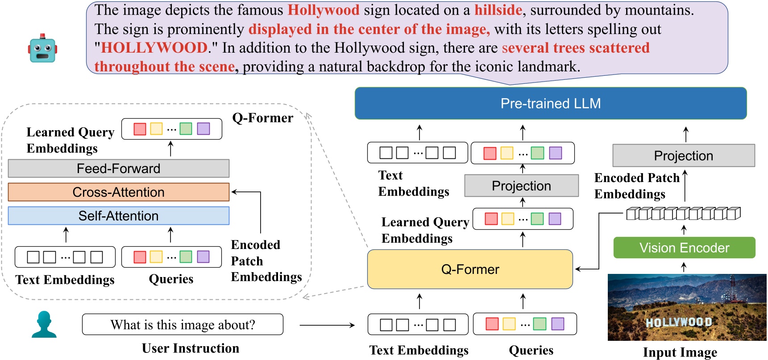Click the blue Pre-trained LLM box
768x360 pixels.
pyautogui.click(x=550, y=103)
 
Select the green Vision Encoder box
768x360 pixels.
pyautogui.click(x=684, y=248)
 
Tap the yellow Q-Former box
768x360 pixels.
pyautogui.click(x=470, y=269)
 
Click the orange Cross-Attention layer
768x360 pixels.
pyautogui.click(x=119, y=192)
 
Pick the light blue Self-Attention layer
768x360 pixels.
pyautogui.click(x=119, y=216)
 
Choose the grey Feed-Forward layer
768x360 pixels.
pyautogui.click(x=119, y=169)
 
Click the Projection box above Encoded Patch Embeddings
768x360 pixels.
pyautogui.click(x=683, y=156)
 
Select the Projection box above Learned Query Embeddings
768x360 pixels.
pyautogui.click(x=521, y=186)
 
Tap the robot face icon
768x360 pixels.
pyautogui.click(x=42, y=49)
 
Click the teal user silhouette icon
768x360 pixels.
pyautogui.click(x=44, y=324)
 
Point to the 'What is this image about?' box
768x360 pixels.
pyautogui.click(x=183, y=325)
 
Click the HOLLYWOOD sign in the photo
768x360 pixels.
pyautogui.click(x=679, y=322)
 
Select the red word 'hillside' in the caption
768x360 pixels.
pyautogui.click(x=498, y=10)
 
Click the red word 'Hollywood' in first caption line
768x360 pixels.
pyautogui.click(x=323, y=10)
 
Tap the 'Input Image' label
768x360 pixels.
pyautogui.click(x=680, y=352)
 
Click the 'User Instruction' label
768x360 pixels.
pyautogui.click(x=191, y=348)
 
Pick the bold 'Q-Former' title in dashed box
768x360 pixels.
pyautogui.click(x=263, y=118)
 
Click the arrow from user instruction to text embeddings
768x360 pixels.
pyautogui.click(x=327, y=325)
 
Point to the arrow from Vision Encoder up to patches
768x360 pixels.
pyautogui.click(x=684, y=230)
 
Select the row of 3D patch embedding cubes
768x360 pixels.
pyautogui.click(x=683, y=214)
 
